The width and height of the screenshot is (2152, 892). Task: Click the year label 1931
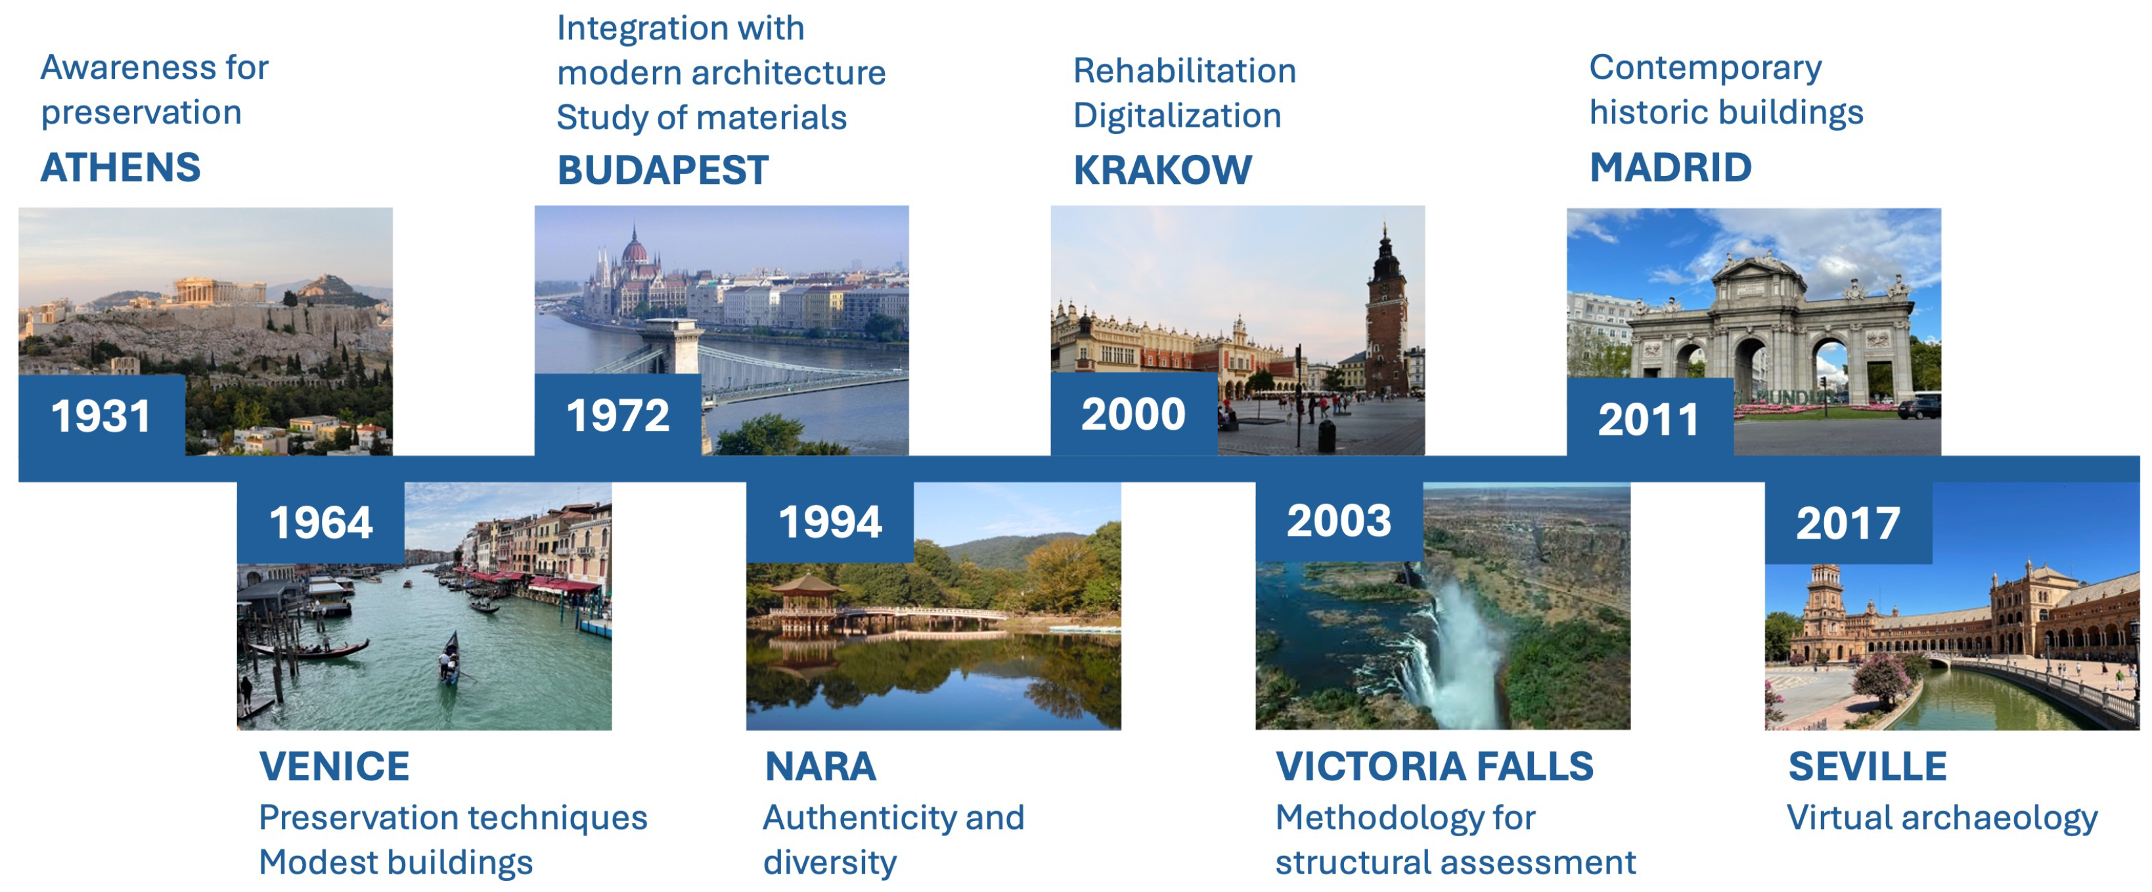point(101,416)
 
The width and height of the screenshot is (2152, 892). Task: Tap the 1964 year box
point(321,523)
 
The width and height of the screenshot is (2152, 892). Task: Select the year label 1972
point(618,415)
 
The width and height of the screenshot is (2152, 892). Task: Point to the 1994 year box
point(830,523)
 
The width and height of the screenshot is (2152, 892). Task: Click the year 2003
point(1339,520)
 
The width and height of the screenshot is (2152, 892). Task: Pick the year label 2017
point(1848,524)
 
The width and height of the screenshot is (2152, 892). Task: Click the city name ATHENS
point(121,168)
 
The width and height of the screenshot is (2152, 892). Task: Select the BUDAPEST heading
point(662,170)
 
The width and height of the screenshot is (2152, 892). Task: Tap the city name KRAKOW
point(1162,170)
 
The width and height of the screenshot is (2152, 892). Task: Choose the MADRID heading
point(1670,168)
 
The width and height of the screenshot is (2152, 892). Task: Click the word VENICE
point(334,767)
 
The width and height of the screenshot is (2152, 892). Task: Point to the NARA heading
point(820,767)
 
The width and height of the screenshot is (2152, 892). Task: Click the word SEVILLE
point(1867,767)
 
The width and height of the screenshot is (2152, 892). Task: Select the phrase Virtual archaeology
point(1942,818)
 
